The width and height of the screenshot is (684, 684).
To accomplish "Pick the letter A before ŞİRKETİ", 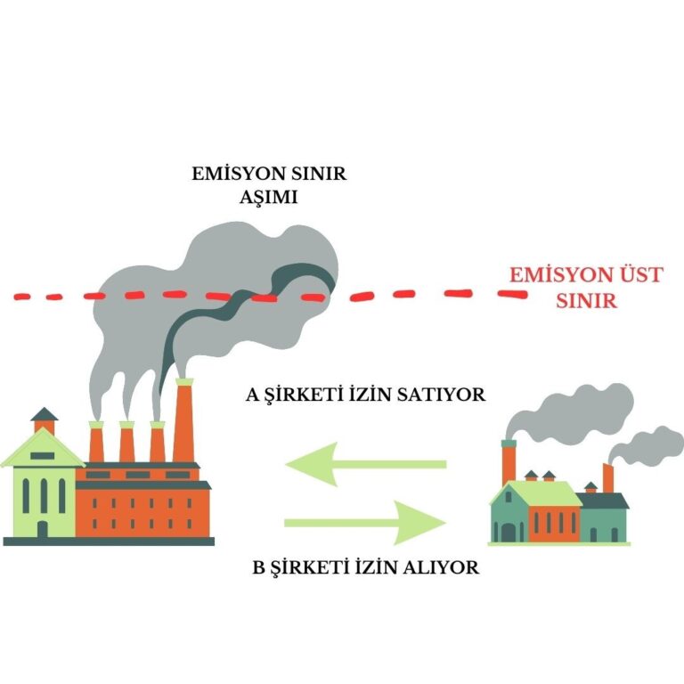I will tap(252, 395).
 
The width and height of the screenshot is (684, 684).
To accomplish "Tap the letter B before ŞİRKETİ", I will tap(259, 566).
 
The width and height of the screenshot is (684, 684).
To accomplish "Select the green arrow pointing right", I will tap(365, 519).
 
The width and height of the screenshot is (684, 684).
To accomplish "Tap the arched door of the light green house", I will tap(42, 527).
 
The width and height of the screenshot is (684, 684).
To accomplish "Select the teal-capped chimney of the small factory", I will tap(509, 459).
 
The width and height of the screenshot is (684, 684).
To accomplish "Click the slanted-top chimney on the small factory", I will tap(607, 476).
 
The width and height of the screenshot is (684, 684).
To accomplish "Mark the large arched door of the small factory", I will tap(509, 532).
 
